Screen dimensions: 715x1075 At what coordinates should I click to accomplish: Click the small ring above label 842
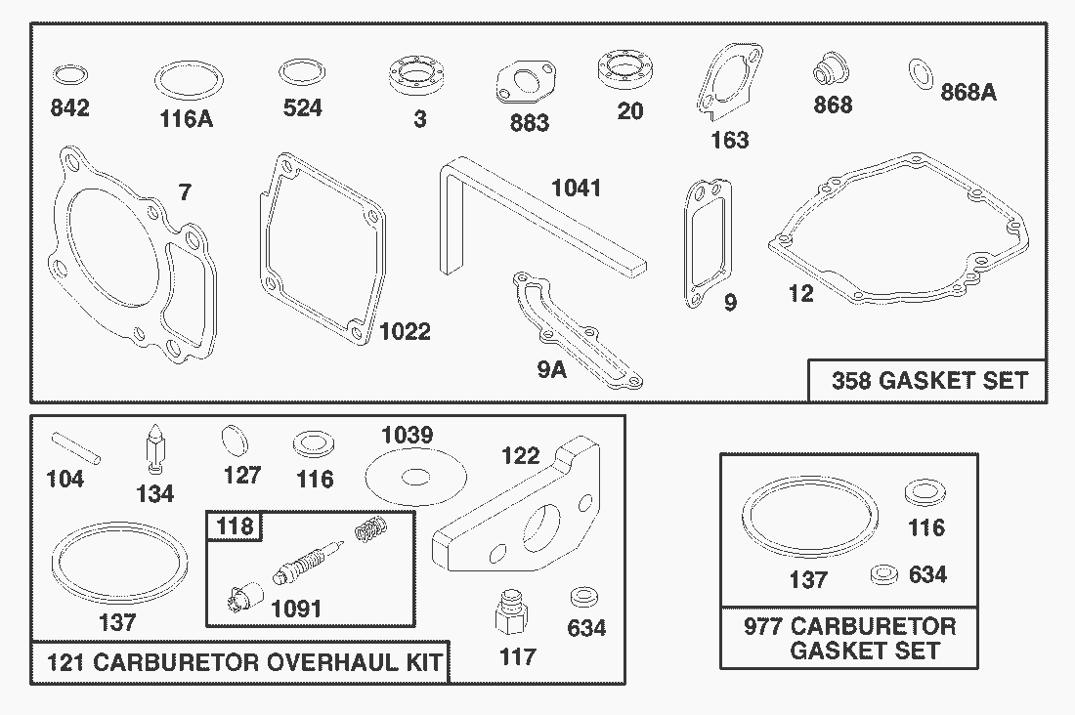[x=69, y=75]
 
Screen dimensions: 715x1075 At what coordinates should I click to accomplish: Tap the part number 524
[x=302, y=107]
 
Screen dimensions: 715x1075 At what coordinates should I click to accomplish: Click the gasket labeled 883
[x=528, y=85]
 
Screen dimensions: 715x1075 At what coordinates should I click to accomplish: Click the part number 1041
[x=576, y=188]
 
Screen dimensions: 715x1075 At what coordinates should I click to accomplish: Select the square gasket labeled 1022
[x=321, y=242]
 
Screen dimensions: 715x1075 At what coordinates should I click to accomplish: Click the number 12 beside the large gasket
[x=800, y=293]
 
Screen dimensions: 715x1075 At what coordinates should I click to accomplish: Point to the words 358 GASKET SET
[x=929, y=380]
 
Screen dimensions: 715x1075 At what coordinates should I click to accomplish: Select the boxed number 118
[x=235, y=527]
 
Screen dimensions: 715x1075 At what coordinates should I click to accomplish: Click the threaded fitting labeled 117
[x=509, y=613]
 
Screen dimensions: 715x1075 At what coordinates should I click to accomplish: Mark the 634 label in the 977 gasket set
[x=927, y=574]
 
